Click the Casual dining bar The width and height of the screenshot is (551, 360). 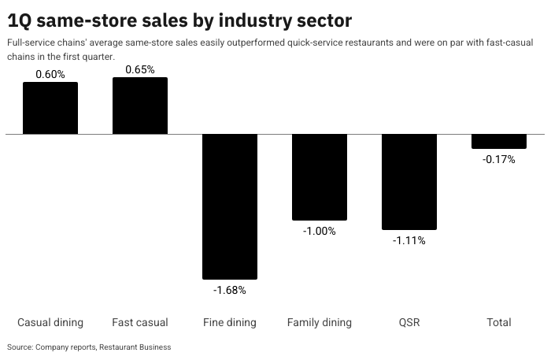(x=50, y=108)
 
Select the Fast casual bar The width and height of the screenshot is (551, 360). (x=140, y=106)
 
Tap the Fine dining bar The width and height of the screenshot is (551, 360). (x=230, y=206)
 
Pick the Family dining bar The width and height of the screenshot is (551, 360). (x=320, y=177)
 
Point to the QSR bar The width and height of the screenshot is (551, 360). (x=409, y=182)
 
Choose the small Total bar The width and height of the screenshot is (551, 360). (x=499, y=142)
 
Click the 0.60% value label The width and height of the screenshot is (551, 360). (x=50, y=74)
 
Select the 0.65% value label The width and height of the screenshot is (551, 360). (x=140, y=69)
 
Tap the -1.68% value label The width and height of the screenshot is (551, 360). (x=230, y=290)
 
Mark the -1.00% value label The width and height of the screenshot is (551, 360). (x=320, y=231)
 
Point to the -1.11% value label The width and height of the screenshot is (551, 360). (x=409, y=240)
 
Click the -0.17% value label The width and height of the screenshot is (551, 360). (x=499, y=159)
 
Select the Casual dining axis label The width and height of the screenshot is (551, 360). (x=50, y=322)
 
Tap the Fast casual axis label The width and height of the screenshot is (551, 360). (x=140, y=322)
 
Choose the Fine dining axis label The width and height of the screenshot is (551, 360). (x=230, y=322)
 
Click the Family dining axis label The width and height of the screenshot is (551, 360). (x=320, y=322)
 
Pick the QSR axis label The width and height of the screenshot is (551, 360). (x=409, y=322)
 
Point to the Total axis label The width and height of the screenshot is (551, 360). (x=499, y=322)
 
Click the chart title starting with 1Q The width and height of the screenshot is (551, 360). (x=179, y=20)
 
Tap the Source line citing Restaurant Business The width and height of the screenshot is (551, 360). (x=89, y=347)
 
